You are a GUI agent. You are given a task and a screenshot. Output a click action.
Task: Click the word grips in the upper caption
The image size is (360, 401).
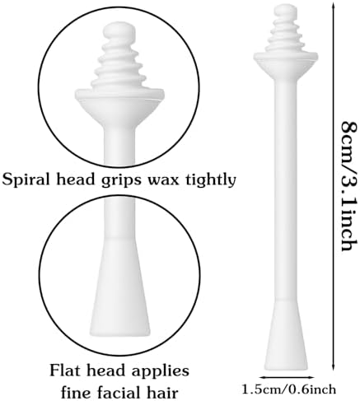coord(122,181)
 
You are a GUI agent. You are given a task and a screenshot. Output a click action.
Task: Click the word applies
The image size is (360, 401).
coord(161,372)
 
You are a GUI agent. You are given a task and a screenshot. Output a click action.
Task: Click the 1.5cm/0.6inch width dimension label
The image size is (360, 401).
coord(288,389)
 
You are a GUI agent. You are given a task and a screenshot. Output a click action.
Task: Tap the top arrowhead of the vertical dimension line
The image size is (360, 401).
coord(334,3)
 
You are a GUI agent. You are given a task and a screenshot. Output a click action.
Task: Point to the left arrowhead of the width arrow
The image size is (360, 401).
coord(261,377)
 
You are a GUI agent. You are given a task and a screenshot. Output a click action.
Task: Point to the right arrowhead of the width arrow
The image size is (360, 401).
coord(311,377)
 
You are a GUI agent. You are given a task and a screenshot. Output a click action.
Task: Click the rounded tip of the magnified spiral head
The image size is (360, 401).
coord(119,31)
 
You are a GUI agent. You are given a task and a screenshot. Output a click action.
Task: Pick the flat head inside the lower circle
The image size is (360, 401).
coord(120,286)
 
